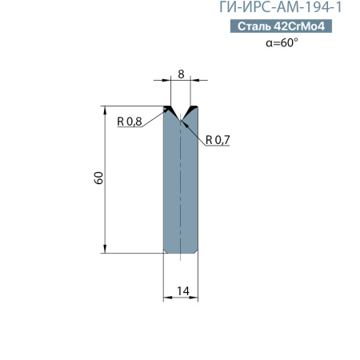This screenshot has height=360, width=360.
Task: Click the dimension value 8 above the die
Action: point(181,74)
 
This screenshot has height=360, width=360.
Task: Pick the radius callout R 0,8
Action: point(129,122)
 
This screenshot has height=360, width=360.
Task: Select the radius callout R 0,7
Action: point(218,140)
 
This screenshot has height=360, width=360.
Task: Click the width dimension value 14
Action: point(182,290)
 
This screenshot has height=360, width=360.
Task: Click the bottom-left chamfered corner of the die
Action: point(166,250)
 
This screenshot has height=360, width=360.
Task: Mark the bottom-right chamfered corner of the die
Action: point(197,250)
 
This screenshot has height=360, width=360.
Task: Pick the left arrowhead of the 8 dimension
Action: point(168,80)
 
